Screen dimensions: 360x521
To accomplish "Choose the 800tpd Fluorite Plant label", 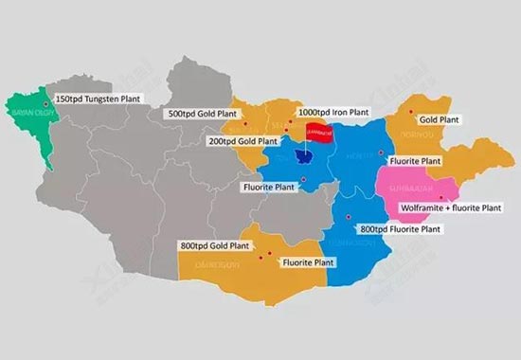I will point(400,228).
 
